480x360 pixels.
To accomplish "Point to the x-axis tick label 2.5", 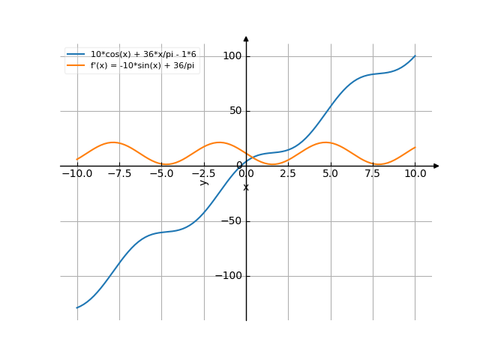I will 289,173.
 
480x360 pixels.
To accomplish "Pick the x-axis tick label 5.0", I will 331,173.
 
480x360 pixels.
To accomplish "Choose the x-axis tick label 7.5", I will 373,173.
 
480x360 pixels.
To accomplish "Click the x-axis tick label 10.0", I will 415,173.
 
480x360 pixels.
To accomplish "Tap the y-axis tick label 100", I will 232,56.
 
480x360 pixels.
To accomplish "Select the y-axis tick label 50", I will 235,111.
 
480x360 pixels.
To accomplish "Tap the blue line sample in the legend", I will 76,54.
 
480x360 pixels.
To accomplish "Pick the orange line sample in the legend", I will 76,65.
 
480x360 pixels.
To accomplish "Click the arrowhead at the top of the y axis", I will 246,38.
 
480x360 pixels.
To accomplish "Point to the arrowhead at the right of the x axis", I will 436,166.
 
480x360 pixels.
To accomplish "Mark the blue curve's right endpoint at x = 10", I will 415,56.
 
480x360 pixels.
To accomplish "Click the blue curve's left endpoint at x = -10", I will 76,307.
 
